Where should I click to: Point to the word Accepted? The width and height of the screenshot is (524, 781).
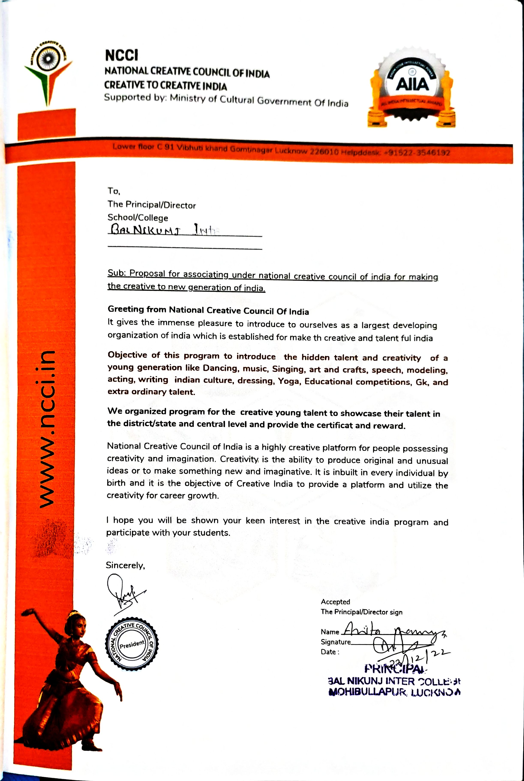(335, 602)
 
